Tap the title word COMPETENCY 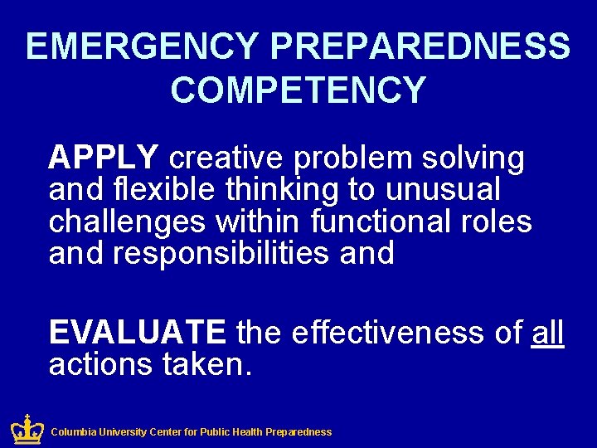point(298,90)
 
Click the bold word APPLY point(103,157)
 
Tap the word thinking point(283,190)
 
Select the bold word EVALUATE point(137,333)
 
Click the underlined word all point(548,333)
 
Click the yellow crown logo point(27,429)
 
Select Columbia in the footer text point(74,432)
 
